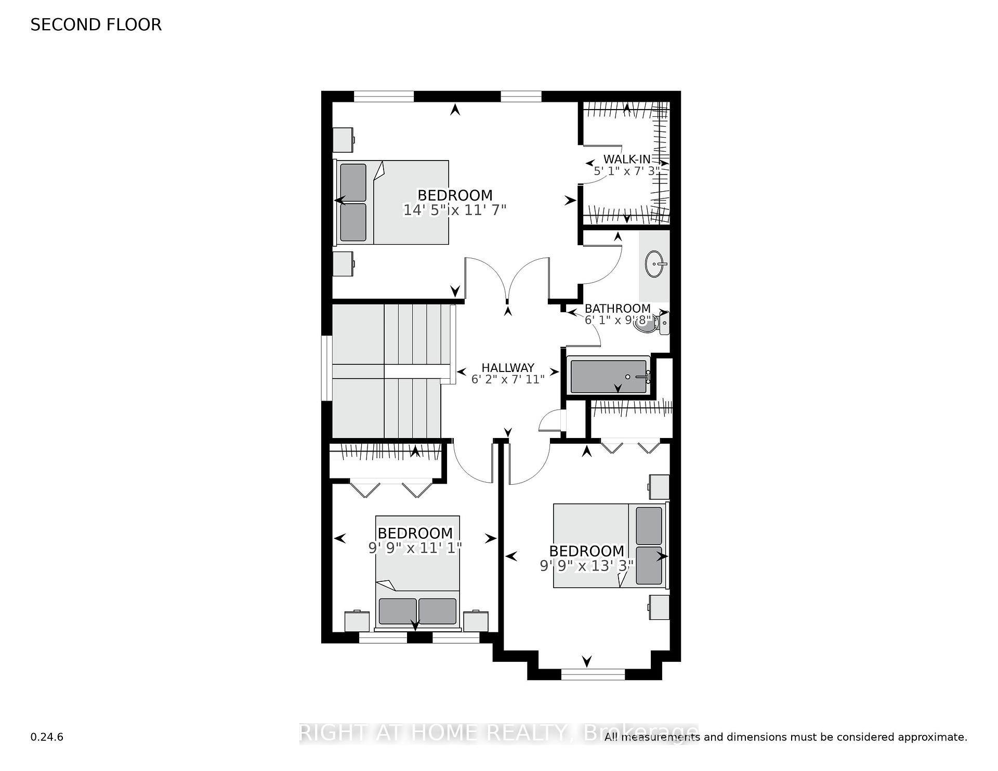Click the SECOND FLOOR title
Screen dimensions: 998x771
[x=96, y=25]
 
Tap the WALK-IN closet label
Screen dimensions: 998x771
[x=627, y=159]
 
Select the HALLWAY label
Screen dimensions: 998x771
[x=508, y=368]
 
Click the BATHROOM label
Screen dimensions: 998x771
[x=618, y=309]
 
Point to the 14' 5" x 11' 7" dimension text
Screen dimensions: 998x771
[x=455, y=210]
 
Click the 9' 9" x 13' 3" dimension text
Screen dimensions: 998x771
[x=586, y=565]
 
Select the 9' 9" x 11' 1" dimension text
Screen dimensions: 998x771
[x=415, y=548]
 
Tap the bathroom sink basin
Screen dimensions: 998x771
[x=656, y=264]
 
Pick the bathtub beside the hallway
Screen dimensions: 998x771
[x=609, y=375]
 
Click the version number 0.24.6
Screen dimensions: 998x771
[x=47, y=737]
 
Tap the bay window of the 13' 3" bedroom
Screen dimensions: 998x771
[x=593, y=674]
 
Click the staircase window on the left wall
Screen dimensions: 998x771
[x=326, y=368]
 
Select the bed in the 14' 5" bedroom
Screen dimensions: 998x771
[x=391, y=202]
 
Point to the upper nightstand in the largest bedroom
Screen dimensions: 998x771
[x=343, y=139]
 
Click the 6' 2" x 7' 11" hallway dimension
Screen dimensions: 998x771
[x=508, y=379]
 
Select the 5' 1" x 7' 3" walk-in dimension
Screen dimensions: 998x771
[x=627, y=170]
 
